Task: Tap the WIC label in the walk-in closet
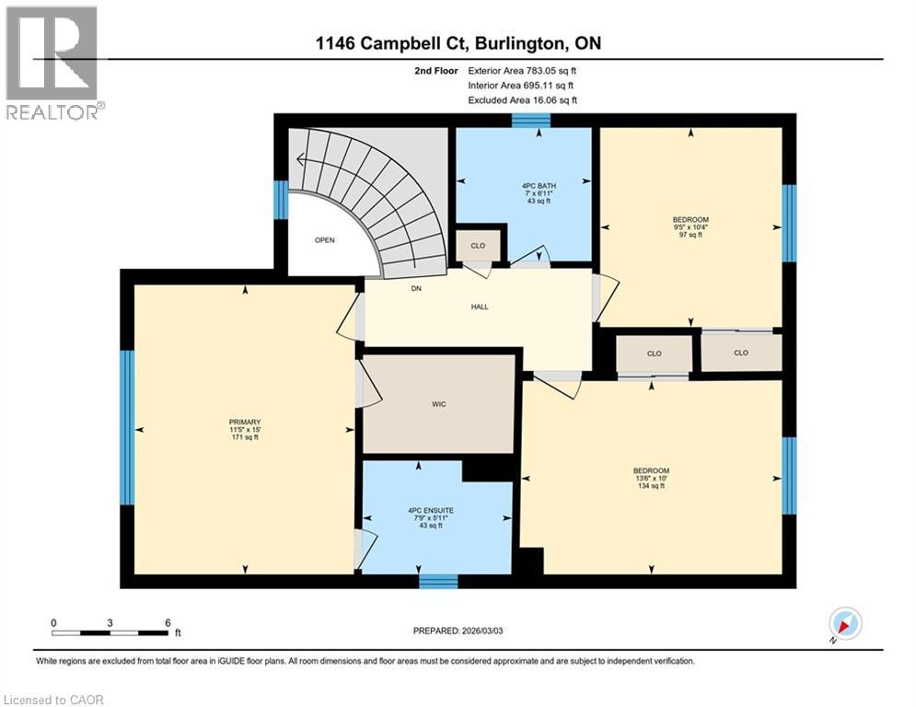[438, 405]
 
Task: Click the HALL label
[478, 307]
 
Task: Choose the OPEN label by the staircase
[324, 240]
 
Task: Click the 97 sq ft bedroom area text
[690, 235]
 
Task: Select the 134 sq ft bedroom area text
[651, 486]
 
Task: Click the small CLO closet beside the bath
[478, 246]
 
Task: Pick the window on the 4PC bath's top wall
[530, 119]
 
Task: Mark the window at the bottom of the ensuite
[438, 581]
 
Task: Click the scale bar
[110, 632]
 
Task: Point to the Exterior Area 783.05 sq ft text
[522, 70]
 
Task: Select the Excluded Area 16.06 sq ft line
[522, 100]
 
